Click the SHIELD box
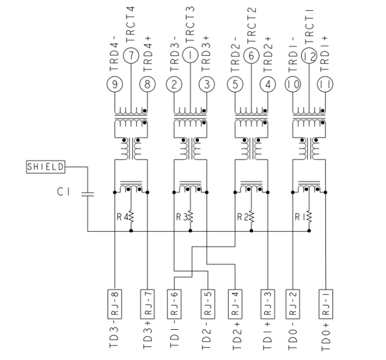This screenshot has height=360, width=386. [x=46, y=167]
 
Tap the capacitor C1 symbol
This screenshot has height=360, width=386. [x=87, y=193]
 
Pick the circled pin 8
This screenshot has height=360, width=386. [x=147, y=84]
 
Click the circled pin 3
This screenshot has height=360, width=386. [x=207, y=84]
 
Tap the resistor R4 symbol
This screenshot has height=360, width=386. [x=131, y=217]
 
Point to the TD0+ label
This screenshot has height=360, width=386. [x=325, y=337]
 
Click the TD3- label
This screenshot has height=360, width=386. [x=114, y=337]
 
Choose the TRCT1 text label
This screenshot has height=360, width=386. [x=310, y=24]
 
